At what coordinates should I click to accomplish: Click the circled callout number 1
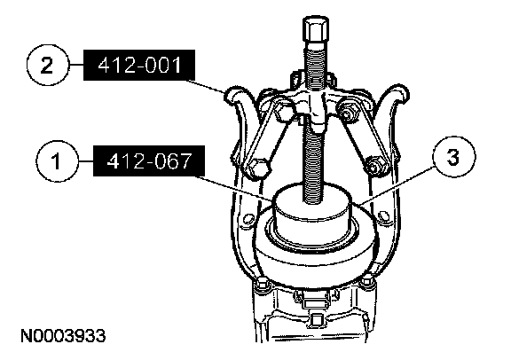pos(58,161)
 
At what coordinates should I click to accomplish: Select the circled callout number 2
pos(48,65)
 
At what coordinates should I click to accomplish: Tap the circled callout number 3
pos(453,157)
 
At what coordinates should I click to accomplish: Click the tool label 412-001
pos(139,65)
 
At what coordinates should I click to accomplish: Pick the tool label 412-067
pos(149,161)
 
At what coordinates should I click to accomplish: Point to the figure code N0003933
pos(63,335)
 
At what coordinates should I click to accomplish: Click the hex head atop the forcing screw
pos(316,30)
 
